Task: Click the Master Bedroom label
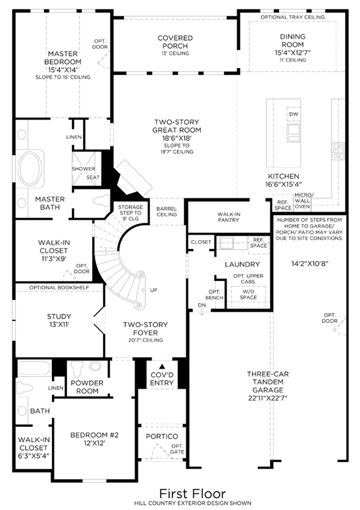click(63, 58)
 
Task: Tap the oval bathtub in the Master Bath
click(29, 168)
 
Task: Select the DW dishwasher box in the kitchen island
click(293, 114)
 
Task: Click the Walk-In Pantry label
click(229, 217)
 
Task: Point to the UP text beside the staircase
click(153, 290)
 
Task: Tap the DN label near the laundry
click(202, 305)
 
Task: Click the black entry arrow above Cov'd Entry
click(162, 366)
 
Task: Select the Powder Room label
click(87, 387)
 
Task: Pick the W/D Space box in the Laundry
click(249, 295)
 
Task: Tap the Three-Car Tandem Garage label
click(268, 382)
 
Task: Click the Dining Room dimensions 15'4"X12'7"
click(292, 53)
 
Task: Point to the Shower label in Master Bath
click(83, 169)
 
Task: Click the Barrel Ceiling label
click(167, 212)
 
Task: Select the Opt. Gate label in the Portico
click(177, 449)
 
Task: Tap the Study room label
click(59, 317)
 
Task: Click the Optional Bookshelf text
click(59, 287)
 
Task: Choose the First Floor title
click(193, 494)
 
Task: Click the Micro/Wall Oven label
click(302, 201)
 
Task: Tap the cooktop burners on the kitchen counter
click(339, 151)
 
